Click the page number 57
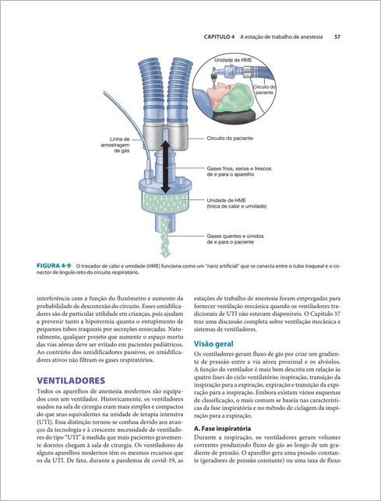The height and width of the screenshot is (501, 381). tap(337, 37)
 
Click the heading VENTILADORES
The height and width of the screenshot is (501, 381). tap(71, 380)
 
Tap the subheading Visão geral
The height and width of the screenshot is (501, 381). tap(213, 344)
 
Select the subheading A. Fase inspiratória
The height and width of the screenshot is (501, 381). tap(222, 429)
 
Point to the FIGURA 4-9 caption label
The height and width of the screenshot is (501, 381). tap(54, 265)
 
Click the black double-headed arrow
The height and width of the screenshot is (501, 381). tap(165, 166)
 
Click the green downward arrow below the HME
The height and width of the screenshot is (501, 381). tap(165, 236)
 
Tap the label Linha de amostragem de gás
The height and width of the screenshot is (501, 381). tap(115, 145)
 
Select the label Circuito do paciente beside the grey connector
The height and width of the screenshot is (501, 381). tap(230, 138)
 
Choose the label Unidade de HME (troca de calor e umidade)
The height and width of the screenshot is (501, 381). tap(236, 203)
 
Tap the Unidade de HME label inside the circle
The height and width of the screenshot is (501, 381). tap(233, 60)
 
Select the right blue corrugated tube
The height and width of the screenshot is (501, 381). tap(178, 91)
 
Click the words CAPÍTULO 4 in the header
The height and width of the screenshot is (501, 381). tap(219, 37)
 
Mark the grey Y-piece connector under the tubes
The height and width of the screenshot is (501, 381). tap(165, 138)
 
